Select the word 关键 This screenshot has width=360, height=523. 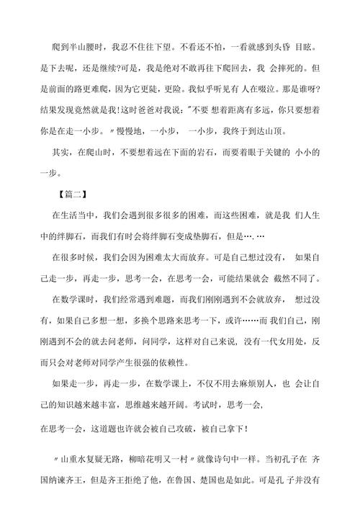[x=287, y=155]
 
